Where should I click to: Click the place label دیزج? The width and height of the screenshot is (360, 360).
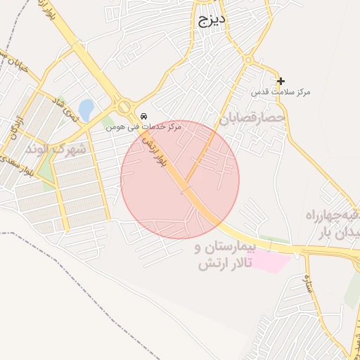pyautogui.click(x=210, y=20)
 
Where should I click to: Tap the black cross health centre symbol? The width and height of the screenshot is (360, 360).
pyautogui.click(x=281, y=82)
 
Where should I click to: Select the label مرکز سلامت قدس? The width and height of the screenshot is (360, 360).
pyautogui.click(x=281, y=93)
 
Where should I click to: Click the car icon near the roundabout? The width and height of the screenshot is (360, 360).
pyautogui.click(x=143, y=116)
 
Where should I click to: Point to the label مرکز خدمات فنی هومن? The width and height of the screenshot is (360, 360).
pyautogui.click(x=143, y=127)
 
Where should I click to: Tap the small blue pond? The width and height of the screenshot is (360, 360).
pyautogui.click(x=85, y=110)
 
